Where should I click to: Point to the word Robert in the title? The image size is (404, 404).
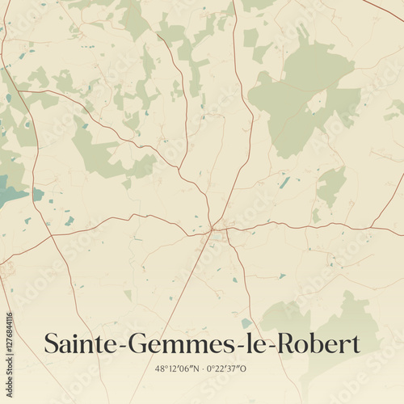pyautogui.click(x=316, y=343)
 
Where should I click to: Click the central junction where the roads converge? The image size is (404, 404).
pyautogui.click(x=213, y=229)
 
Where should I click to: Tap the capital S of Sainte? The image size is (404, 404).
pyautogui.click(x=50, y=343)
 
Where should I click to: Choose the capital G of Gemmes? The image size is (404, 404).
pyautogui.click(x=137, y=343)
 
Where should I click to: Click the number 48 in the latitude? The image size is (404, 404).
pyautogui.click(x=160, y=368)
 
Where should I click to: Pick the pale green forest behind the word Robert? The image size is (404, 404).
pyautogui.click(x=339, y=319)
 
